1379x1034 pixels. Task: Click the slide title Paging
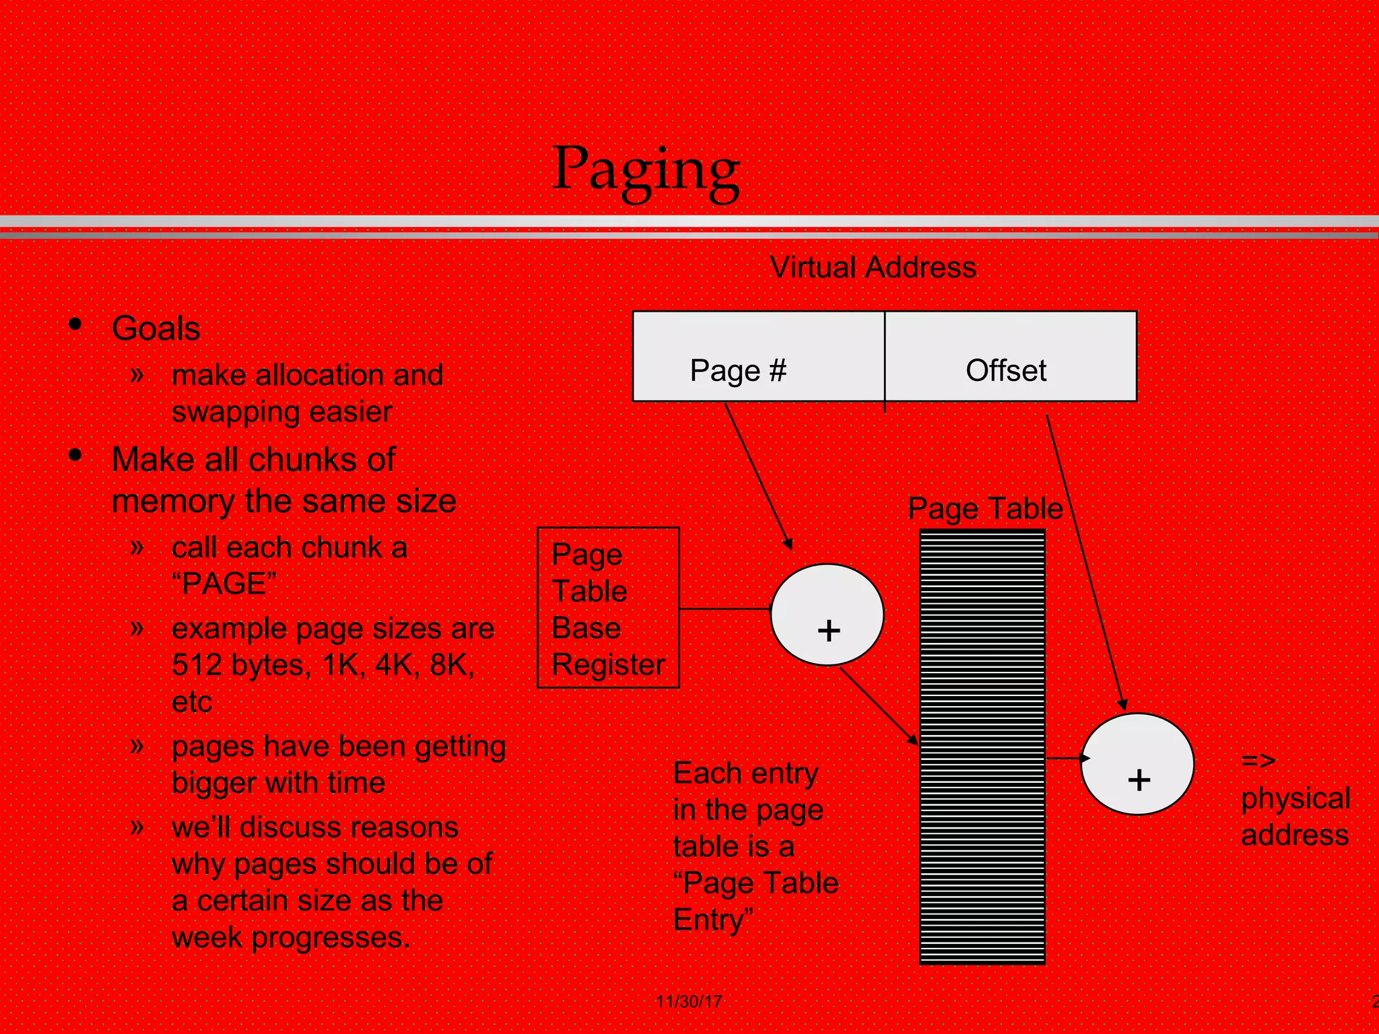646,170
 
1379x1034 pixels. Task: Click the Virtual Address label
873,267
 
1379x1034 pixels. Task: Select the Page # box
758,356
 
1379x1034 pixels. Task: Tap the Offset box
1010,356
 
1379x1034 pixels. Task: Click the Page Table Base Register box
608,607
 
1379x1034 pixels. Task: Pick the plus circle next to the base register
827,615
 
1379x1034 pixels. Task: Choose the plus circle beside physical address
1137,764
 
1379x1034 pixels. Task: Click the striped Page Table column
982,747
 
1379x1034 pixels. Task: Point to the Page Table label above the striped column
985,508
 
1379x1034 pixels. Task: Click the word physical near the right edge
1296,798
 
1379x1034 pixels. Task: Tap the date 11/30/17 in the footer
689,1001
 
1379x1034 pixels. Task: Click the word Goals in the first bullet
156,329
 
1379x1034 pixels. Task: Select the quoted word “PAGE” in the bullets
224,583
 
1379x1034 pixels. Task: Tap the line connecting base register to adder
725,609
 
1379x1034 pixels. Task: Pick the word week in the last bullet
207,937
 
